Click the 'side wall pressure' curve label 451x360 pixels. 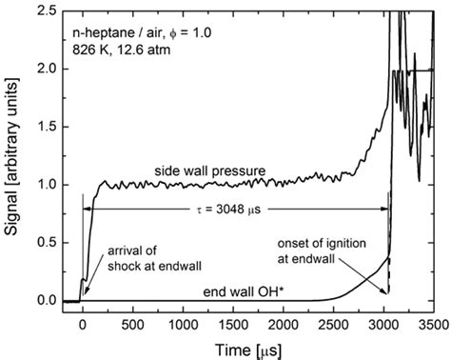coord(209,170)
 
